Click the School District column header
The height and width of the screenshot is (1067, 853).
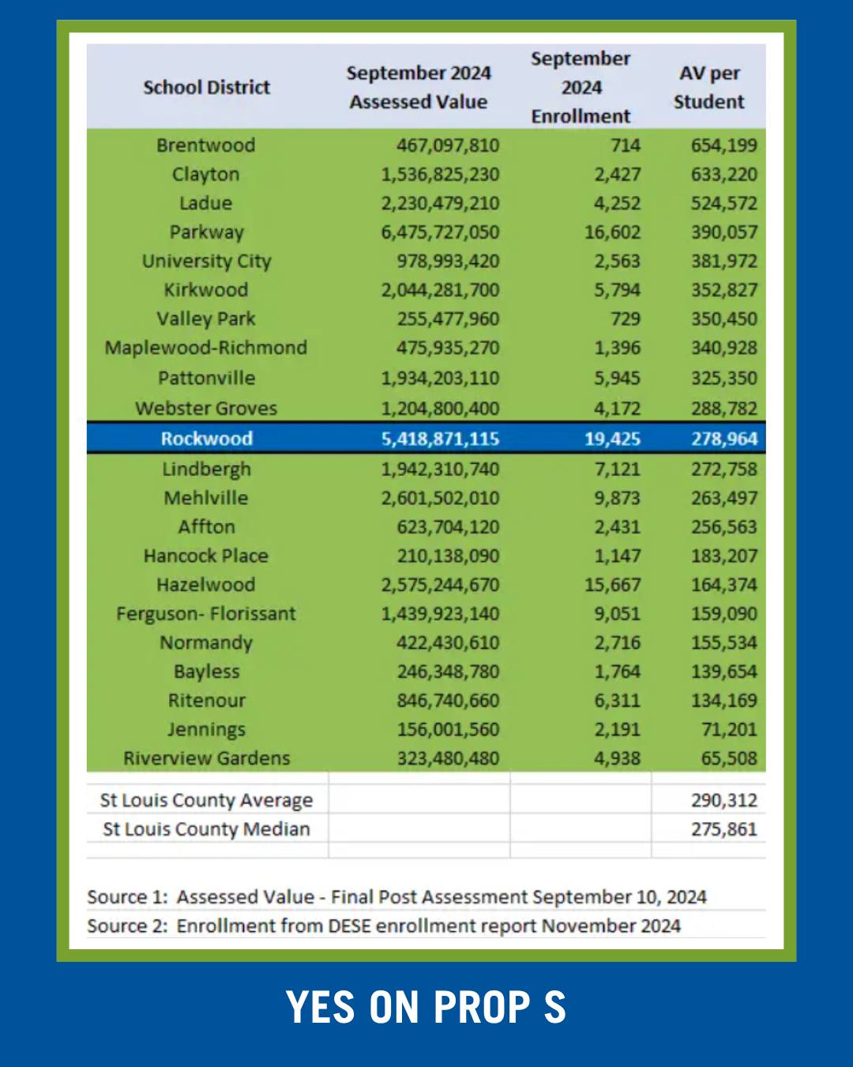[x=207, y=87]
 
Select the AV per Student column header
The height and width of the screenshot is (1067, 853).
[x=708, y=87]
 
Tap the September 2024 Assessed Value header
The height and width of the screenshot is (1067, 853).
[x=419, y=87]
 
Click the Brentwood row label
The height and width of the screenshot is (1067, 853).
[x=206, y=145]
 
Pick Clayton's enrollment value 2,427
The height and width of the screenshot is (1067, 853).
[x=618, y=174]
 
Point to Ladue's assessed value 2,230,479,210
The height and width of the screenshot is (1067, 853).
[x=440, y=203]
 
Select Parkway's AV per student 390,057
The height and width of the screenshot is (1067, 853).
[x=724, y=232]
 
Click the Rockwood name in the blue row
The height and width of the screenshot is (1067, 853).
[x=207, y=439]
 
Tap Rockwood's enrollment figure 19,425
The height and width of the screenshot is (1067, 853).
[x=613, y=439]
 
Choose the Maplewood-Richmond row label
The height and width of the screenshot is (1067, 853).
[x=206, y=348]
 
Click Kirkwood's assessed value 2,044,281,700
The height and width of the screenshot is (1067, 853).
[x=440, y=290]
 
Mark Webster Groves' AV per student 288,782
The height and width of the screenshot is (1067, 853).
[x=724, y=409]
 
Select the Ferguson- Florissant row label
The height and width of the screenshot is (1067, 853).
[x=206, y=614]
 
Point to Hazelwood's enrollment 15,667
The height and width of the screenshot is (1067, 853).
[x=613, y=585]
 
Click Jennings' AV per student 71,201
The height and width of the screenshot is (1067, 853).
[x=729, y=730]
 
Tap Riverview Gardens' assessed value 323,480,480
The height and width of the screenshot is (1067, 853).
[x=448, y=759]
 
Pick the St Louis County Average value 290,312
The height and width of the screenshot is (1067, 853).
[x=724, y=800]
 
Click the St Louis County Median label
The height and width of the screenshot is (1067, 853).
[x=206, y=829]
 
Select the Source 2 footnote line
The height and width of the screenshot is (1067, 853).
[x=384, y=926]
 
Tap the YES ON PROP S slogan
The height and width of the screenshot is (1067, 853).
[x=426, y=1007]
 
